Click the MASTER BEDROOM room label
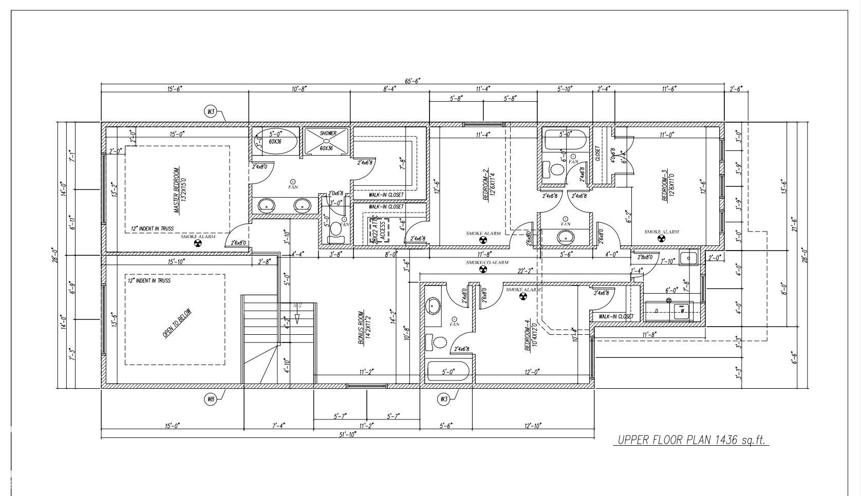(x=176, y=190)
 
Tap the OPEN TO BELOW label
(x=177, y=323)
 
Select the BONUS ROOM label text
(x=361, y=327)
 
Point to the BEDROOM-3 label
(x=666, y=186)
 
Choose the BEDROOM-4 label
(x=528, y=336)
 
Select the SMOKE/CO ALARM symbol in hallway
(x=482, y=269)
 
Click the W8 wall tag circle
(x=211, y=399)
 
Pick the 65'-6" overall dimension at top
(x=413, y=81)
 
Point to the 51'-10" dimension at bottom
(x=348, y=434)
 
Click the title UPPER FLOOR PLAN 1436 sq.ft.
(x=691, y=440)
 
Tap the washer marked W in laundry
(x=683, y=311)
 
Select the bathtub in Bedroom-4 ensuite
(x=448, y=372)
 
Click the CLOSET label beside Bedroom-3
(x=598, y=154)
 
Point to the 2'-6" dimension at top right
(x=736, y=89)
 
